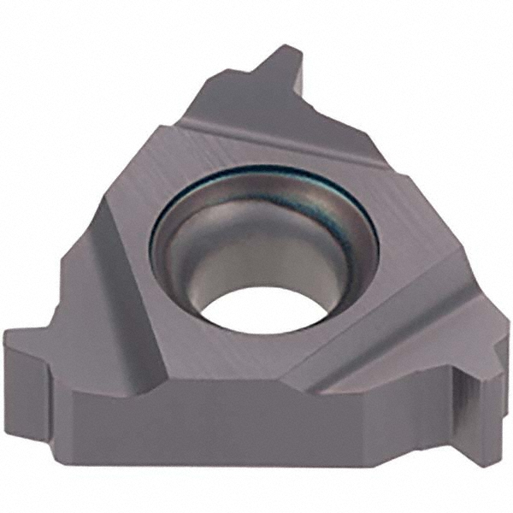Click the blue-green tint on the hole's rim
point(214,184)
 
